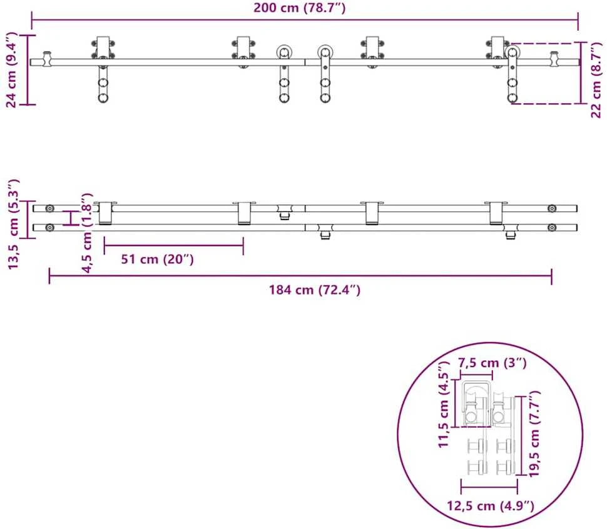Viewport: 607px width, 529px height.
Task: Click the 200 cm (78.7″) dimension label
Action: coord(299,8)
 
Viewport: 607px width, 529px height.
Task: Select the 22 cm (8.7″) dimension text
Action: coord(596,79)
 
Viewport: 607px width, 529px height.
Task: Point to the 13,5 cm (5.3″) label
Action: coord(13,224)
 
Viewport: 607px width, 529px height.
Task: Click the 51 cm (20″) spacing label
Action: coord(157,259)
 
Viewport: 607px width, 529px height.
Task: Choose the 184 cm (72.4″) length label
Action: coord(315,290)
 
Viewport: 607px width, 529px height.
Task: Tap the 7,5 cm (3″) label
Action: coord(492,363)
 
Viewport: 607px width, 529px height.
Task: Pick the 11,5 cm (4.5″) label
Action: coord(443,404)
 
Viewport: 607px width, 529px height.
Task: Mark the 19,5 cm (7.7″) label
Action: coord(534,434)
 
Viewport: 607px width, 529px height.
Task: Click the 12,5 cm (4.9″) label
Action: coord(491,505)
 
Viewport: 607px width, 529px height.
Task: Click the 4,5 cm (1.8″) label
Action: coord(88,233)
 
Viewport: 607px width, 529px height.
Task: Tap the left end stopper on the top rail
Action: coord(47,58)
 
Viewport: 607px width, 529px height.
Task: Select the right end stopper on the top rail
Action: coord(554,59)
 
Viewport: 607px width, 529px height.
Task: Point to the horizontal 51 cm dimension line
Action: coord(174,245)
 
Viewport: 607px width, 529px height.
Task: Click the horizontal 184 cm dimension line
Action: coord(300,276)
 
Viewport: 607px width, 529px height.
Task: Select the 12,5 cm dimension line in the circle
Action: coord(489,487)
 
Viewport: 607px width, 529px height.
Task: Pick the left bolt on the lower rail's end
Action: coord(49,228)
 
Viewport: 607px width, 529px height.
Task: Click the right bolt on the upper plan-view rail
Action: coord(552,209)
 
